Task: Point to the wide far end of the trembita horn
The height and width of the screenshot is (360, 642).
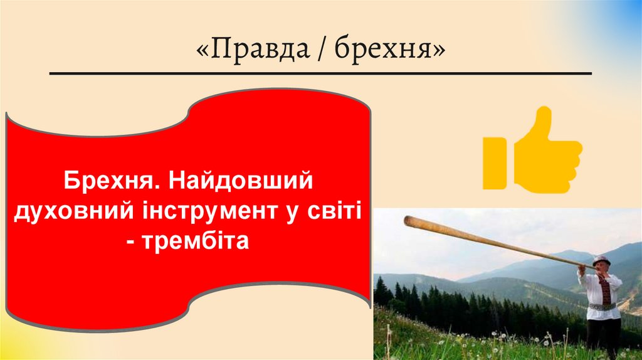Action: (409, 221)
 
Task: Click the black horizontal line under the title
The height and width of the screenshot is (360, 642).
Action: (320, 73)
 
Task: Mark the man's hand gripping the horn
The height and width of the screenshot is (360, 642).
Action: (581, 268)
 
